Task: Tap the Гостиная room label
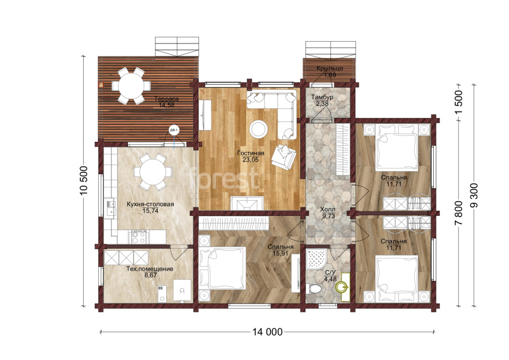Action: click(x=251, y=153)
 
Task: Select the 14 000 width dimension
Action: click(x=267, y=332)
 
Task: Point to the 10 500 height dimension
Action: click(x=84, y=181)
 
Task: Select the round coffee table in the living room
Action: click(x=258, y=129)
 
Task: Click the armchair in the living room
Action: click(x=283, y=156)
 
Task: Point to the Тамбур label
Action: click(x=322, y=97)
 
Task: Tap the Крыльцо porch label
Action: click(x=330, y=68)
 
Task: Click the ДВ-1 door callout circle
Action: click(x=174, y=131)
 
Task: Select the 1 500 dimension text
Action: click(x=459, y=102)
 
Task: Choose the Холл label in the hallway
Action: click(x=327, y=210)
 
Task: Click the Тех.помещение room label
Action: click(x=150, y=269)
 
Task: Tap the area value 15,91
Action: click(x=281, y=253)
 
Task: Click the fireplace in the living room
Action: click(x=247, y=203)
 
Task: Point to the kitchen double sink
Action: click(x=111, y=207)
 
